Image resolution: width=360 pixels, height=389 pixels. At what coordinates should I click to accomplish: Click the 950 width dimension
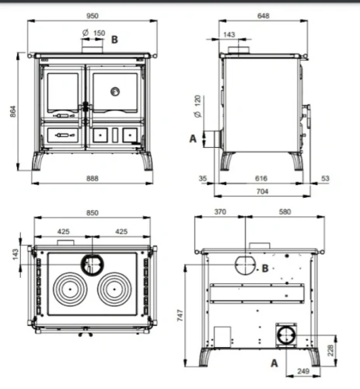tap(93, 16)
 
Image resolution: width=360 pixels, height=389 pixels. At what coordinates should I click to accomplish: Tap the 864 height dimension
tap(12, 111)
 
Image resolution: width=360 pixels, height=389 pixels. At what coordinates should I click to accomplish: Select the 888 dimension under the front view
tap(93, 178)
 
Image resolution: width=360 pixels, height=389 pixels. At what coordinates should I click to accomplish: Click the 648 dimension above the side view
tap(264, 16)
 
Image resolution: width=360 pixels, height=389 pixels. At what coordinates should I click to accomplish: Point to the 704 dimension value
tap(262, 191)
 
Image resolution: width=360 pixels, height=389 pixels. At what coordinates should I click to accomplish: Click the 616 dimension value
tap(261, 178)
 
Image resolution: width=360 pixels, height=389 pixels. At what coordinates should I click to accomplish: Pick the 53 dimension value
tap(325, 178)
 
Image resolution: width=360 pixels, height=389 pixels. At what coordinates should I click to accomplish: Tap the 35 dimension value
tap(203, 178)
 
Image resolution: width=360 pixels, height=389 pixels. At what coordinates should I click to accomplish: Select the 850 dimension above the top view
tap(93, 213)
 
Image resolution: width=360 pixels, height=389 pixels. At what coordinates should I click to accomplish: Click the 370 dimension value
tap(220, 212)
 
